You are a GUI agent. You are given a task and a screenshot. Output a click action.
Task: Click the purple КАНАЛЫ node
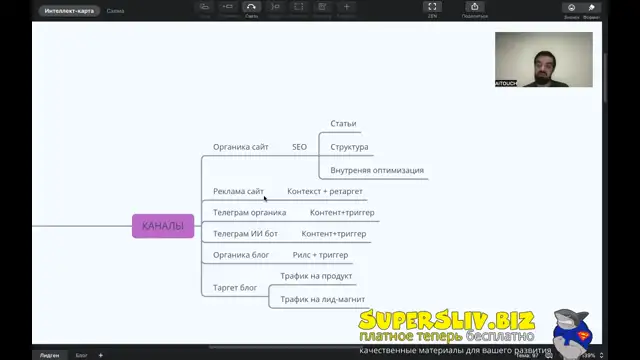click(162, 226)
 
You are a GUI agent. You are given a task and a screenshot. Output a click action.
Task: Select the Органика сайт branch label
click(240, 147)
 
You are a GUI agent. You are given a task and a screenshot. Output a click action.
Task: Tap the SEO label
click(299, 147)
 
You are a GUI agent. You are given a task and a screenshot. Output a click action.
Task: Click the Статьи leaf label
click(343, 124)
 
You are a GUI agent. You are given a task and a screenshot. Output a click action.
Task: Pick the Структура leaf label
click(349, 147)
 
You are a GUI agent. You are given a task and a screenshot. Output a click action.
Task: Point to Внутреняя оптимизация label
click(377, 170)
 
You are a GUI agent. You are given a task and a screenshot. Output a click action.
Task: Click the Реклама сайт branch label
click(238, 191)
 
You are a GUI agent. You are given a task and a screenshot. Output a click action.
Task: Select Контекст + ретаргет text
click(325, 191)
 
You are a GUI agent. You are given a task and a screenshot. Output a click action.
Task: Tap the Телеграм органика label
click(249, 212)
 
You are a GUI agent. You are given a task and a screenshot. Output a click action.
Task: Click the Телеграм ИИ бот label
click(244, 234)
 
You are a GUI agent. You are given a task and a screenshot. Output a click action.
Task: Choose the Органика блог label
click(241, 255)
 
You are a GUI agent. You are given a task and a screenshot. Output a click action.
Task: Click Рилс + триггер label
click(320, 255)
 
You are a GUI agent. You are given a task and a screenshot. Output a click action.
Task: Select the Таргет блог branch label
click(235, 288)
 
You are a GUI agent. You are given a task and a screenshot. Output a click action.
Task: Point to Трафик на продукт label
click(316, 276)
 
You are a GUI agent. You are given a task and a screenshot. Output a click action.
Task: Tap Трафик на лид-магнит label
click(322, 299)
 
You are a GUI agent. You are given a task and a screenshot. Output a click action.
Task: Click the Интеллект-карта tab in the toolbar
click(68, 12)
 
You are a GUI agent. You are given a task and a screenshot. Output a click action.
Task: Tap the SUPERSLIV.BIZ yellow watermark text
click(447, 320)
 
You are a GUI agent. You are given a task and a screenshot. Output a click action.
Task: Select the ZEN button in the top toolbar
click(432, 10)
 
